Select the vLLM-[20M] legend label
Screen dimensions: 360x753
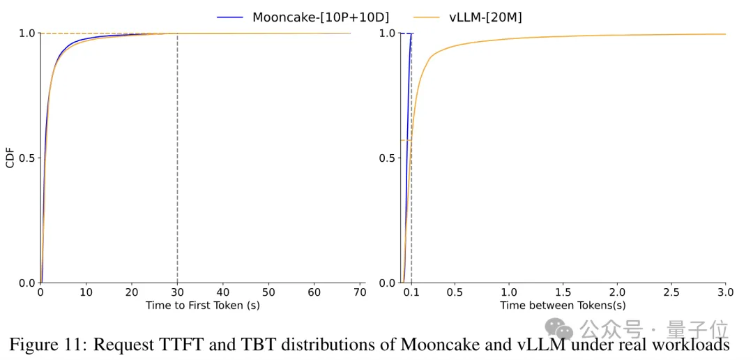coord(485,16)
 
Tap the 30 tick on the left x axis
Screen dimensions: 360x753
coord(177,292)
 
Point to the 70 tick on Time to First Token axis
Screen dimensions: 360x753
coord(360,292)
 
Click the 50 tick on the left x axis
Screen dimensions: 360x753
coord(268,292)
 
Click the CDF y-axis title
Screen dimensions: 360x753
coord(10,158)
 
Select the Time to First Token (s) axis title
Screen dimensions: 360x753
coord(202,306)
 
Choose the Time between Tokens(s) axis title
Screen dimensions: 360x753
coord(563,306)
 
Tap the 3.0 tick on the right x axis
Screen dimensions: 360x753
coord(725,292)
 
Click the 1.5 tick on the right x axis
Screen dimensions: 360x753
coord(563,292)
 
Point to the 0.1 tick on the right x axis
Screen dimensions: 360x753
coord(411,292)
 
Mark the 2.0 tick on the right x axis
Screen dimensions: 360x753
coord(617,292)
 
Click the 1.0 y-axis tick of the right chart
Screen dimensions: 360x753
coord(387,33)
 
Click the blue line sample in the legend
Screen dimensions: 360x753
coord(230,16)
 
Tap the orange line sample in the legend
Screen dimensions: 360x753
coord(427,16)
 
